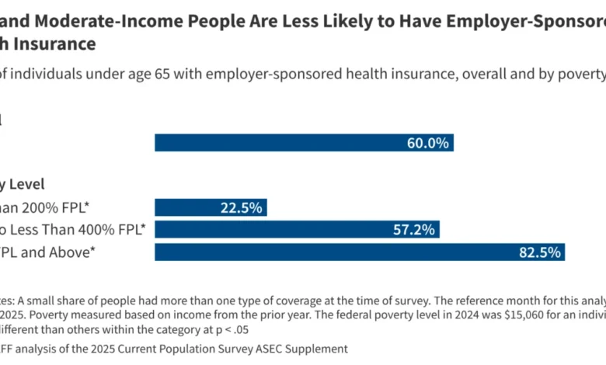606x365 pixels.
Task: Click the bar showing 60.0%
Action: [x=304, y=143]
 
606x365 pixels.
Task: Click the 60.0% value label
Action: [x=428, y=143]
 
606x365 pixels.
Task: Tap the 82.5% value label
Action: [x=540, y=252]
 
